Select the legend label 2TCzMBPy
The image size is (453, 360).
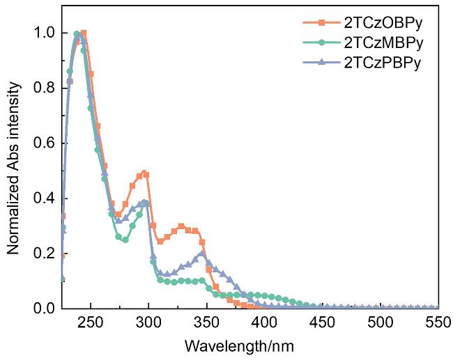(x=377, y=43)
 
